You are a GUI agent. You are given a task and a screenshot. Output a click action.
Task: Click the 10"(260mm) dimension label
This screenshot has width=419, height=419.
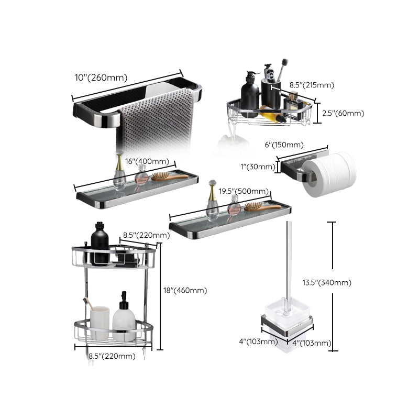coord(101,78)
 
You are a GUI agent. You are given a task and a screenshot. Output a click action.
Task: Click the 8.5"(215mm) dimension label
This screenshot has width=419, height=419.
coord(312,85)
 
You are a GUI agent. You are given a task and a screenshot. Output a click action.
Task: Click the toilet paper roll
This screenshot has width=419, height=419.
coord(332,174)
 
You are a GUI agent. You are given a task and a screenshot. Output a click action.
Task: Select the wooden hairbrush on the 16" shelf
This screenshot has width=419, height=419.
coord(169,177)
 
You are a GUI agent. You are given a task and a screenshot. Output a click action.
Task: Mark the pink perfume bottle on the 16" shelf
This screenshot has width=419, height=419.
coord(140,176)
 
